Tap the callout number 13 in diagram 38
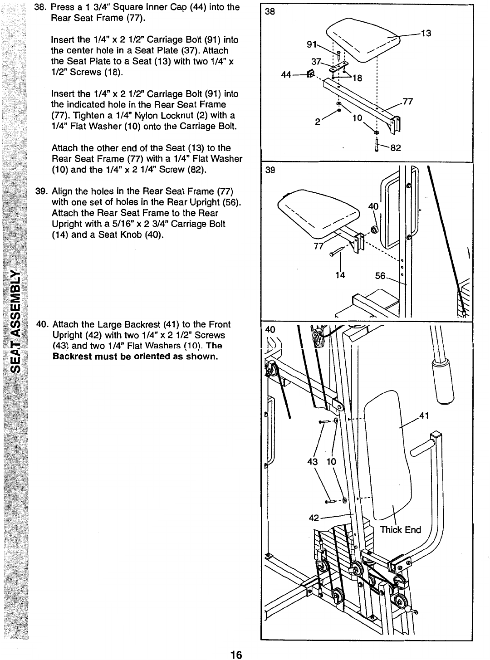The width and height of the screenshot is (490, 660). coord(426,33)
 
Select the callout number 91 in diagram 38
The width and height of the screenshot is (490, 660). coord(312,44)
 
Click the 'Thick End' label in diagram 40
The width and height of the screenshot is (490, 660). coord(400,529)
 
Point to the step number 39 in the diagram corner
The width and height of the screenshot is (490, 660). coord(270,169)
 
